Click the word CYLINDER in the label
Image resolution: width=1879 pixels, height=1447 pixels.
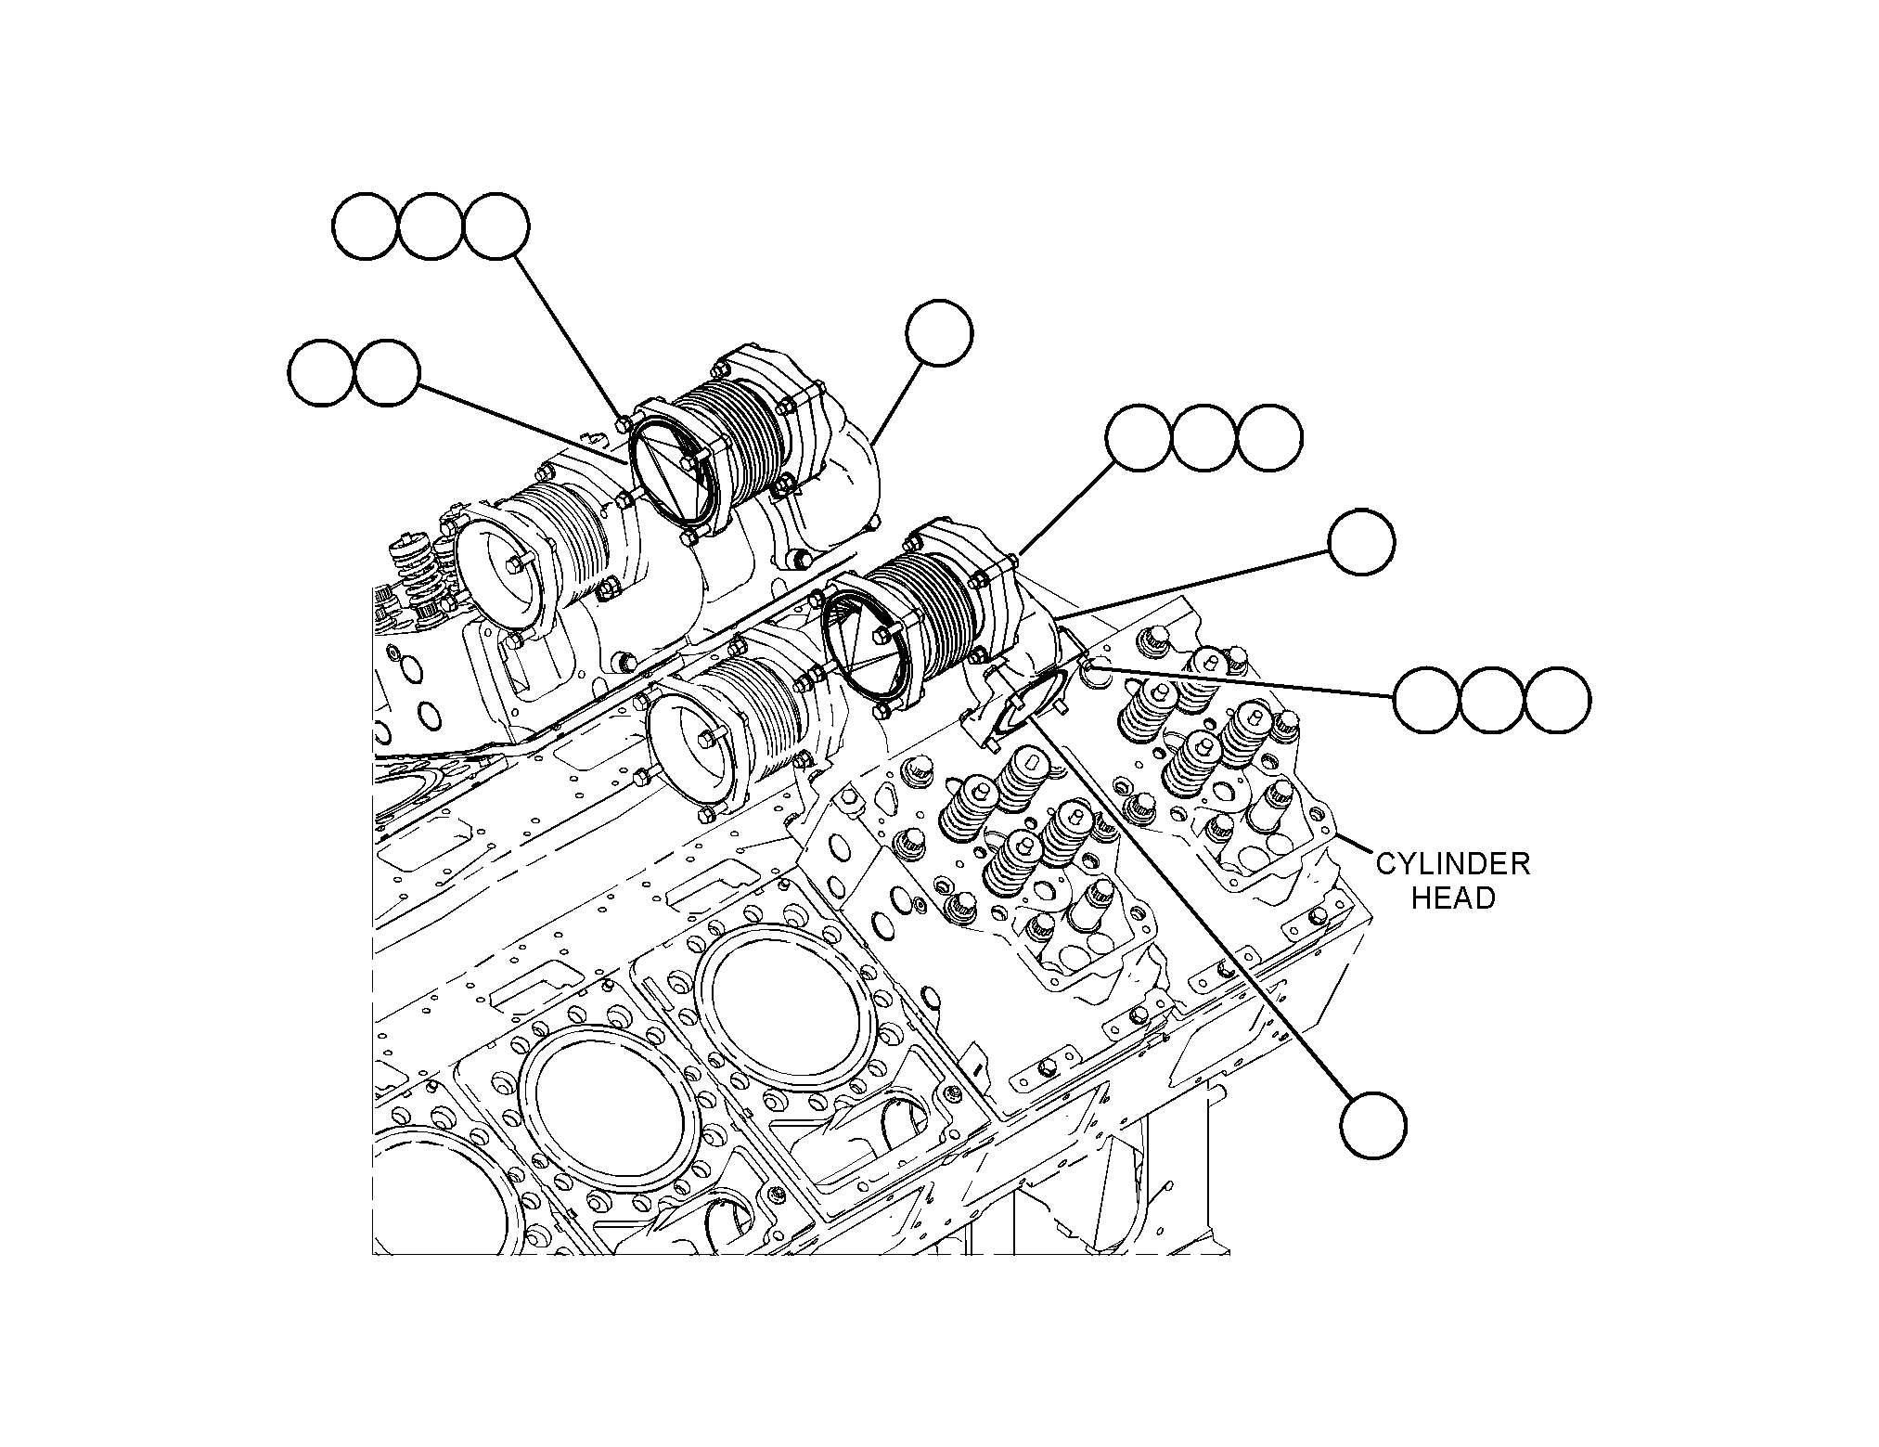pos(1452,864)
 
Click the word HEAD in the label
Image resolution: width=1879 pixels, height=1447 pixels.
pos(1453,898)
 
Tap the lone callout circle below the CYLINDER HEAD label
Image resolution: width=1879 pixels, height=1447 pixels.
pos(1373,1126)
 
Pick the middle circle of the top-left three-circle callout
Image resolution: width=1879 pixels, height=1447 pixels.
pos(431,226)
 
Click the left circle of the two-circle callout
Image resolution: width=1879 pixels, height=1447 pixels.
pos(321,372)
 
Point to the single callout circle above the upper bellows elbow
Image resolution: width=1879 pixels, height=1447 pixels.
pos(940,332)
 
